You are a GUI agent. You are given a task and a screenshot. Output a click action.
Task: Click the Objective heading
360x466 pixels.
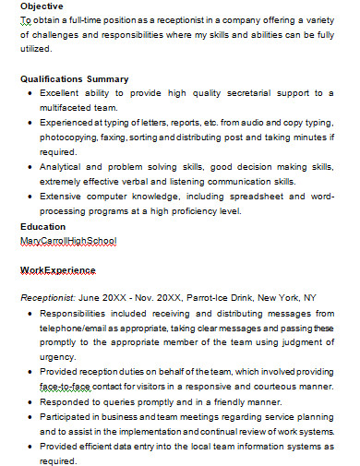click(x=42, y=6)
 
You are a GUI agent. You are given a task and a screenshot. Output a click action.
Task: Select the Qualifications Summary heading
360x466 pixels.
click(x=75, y=79)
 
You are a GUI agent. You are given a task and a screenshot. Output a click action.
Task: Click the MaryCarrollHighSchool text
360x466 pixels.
click(x=68, y=241)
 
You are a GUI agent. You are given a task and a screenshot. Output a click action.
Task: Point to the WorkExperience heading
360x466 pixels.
click(x=58, y=270)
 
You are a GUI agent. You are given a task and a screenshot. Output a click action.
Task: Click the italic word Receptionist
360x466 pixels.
click(x=47, y=299)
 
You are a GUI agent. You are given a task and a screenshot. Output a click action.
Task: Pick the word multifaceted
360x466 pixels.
click(x=70, y=108)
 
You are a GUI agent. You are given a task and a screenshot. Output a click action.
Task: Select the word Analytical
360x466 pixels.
click(x=63, y=167)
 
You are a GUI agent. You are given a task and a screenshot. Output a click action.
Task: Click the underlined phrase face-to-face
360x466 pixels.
click(x=64, y=388)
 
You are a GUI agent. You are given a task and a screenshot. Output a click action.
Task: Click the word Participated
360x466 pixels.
click(x=67, y=417)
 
